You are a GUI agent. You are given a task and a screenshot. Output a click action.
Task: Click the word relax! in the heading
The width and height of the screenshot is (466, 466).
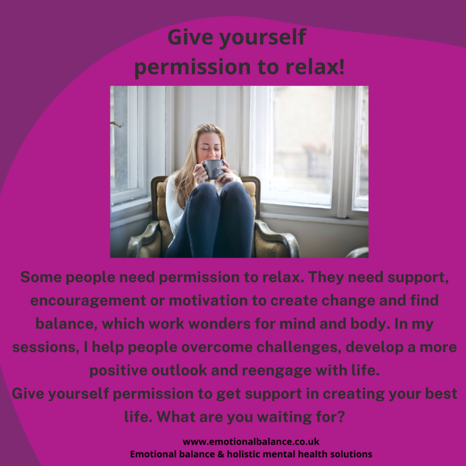pos(315,66)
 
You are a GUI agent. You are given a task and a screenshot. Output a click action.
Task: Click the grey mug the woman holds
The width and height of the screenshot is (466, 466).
pos(212,169)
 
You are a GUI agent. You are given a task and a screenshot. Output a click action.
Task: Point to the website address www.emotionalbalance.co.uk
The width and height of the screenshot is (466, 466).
pos(251,441)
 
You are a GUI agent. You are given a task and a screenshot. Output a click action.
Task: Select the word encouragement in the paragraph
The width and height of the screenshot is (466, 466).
pos(88,301)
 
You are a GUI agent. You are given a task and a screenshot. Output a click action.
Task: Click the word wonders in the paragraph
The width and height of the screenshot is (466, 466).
pos(219,324)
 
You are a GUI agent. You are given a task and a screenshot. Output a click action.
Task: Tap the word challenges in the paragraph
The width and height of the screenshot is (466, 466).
pos(299,347)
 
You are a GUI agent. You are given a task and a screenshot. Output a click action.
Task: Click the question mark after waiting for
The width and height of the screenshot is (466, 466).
pos(341,416)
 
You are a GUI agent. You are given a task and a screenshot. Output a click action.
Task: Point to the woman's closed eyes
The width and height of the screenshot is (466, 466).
pos(210,148)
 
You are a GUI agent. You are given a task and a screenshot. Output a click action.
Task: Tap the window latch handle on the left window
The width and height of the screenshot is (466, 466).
pos(116,124)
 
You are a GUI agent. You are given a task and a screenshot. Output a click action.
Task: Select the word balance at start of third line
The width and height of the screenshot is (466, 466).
pos(66,324)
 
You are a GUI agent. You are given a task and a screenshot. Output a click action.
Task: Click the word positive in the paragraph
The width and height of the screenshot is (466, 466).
pos(118,370)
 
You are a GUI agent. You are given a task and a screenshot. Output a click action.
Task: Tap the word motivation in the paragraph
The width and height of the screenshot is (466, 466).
pos(208,300)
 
